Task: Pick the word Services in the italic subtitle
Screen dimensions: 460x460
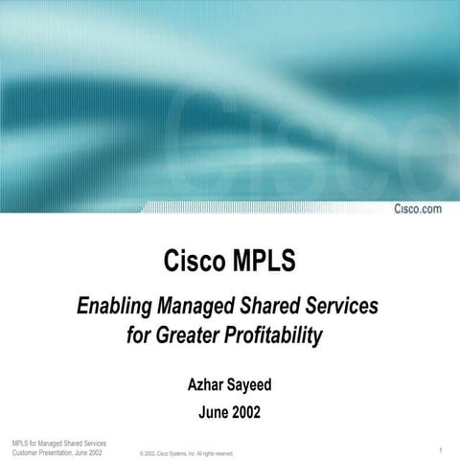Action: pyautogui.click(x=343, y=307)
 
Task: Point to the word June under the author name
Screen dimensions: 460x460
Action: pyautogui.click(x=212, y=413)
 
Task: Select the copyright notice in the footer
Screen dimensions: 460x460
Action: pyautogui.click(x=186, y=453)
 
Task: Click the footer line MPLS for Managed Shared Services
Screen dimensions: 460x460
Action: pyautogui.click(x=54, y=442)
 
